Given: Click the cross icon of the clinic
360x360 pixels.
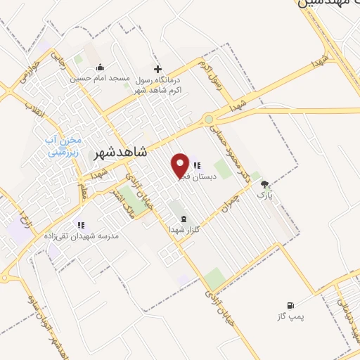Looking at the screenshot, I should tap(157, 69).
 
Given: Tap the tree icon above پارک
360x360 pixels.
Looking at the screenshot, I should tap(264, 184).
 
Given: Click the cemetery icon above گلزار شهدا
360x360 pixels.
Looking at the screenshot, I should tap(184, 219).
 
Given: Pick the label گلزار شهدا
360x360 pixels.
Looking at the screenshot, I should tap(184, 230).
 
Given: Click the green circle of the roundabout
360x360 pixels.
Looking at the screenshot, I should tap(209, 120).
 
